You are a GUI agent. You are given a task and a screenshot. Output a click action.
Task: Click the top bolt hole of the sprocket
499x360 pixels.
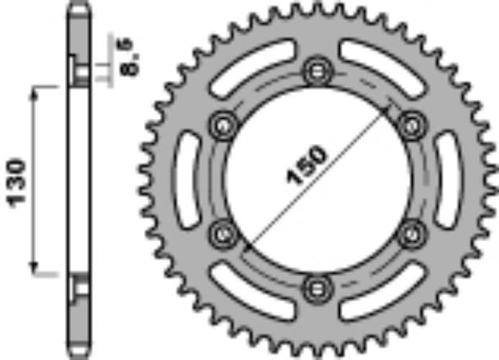click(315, 71)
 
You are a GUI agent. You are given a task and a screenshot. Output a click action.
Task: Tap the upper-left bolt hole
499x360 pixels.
click(221, 125)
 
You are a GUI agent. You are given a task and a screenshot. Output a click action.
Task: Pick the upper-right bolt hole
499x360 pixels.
click(410, 125)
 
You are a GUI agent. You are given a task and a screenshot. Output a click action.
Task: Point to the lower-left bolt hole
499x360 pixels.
click(221, 233)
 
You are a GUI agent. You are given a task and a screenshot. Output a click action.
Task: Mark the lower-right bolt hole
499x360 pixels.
click(410, 233)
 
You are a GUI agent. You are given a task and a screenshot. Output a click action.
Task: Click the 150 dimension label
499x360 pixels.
click(307, 167)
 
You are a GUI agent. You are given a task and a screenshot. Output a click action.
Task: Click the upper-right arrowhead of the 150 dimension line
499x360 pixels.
click(390, 107)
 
